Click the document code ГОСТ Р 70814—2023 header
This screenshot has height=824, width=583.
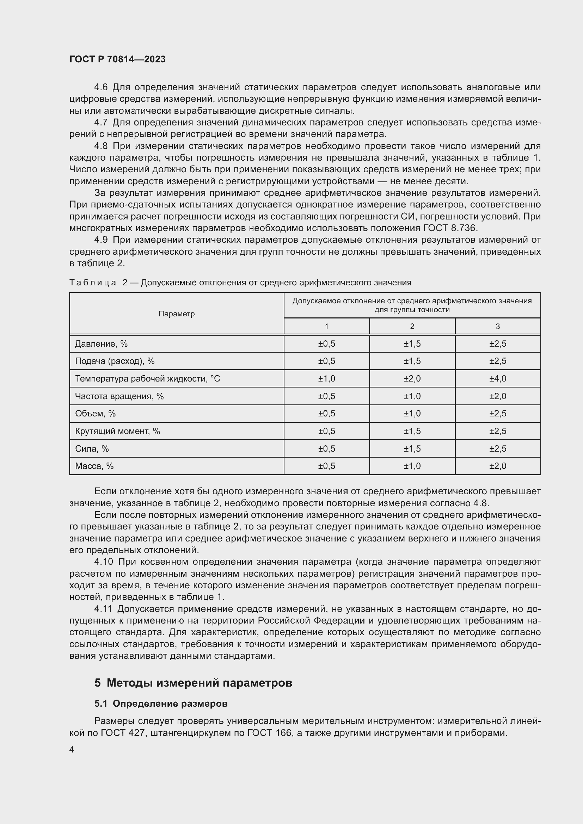click(117, 59)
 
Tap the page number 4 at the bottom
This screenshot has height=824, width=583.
click(72, 750)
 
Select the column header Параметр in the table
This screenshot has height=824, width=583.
click(177, 314)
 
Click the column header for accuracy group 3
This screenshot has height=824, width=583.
click(498, 326)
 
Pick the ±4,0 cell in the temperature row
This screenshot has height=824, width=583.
click(498, 379)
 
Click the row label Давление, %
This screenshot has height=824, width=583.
click(101, 344)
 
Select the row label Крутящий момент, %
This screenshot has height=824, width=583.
click(117, 431)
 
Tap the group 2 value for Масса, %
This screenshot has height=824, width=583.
click(412, 466)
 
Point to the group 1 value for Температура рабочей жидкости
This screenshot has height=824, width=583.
click(326, 379)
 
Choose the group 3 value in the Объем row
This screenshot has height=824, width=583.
click(498, 414)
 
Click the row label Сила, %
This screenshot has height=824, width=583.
click(92, 448)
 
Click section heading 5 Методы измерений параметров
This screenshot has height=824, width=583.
click(193, 683)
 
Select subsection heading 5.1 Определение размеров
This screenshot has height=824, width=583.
click(161, 704)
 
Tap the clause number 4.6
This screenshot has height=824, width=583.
click(101, 87)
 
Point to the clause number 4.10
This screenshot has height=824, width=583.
click(104, 562)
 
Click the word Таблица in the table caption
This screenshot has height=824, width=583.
click(93, 283)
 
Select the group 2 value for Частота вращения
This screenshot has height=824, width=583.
click(412, 396)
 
